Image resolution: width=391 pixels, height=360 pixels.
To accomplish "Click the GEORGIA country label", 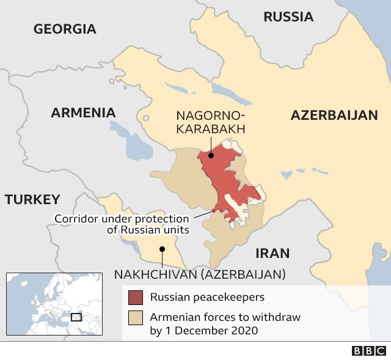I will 65,29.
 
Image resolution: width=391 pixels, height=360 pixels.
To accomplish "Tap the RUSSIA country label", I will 288,17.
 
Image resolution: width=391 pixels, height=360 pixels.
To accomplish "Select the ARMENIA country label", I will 83,112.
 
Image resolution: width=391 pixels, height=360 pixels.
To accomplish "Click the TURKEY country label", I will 32,199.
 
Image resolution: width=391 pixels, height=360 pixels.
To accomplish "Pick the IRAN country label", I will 272,253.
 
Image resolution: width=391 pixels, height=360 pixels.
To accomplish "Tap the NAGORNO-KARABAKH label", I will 211,122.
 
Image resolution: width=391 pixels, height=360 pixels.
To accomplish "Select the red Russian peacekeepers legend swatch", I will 136,298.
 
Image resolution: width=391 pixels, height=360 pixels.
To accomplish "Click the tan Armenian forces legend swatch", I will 136,318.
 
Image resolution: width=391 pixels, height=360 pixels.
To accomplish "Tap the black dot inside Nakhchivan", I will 162,249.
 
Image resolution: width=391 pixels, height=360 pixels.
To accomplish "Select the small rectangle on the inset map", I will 76,317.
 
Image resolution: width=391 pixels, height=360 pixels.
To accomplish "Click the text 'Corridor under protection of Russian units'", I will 122,224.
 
